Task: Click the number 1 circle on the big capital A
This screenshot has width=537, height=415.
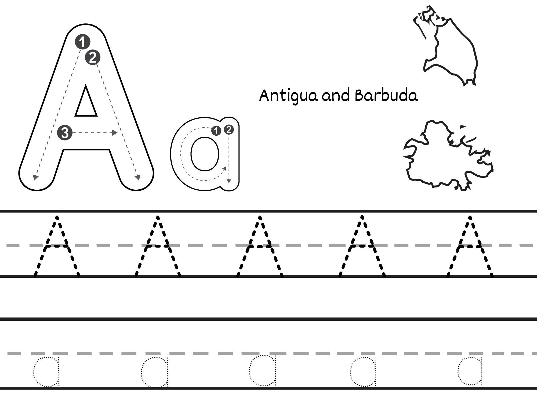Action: point(82,42)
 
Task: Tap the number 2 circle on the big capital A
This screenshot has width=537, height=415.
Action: point(93,57)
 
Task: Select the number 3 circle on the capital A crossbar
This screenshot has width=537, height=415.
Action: point(65,133)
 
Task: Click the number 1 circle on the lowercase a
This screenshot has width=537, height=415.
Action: point(216,131)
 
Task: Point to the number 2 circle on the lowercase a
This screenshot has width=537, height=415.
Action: point(228,130)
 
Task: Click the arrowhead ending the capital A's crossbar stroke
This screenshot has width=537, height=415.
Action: point(115,133)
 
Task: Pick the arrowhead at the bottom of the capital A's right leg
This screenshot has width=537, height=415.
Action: point(138,178)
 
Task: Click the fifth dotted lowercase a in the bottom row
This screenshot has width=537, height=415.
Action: point(470,370)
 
